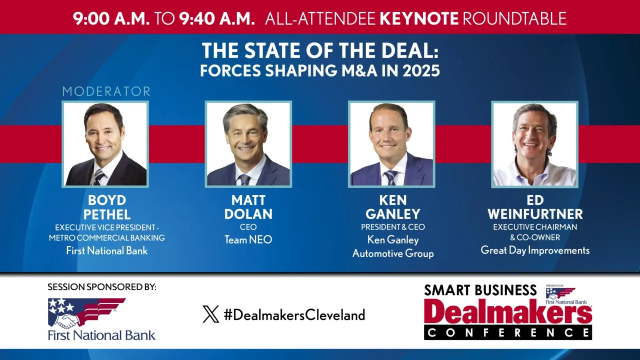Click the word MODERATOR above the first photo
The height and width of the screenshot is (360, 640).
point(106,91)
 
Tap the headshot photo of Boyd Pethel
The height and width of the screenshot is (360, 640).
point(105,144)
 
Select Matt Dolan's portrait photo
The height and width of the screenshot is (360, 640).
point(248,144)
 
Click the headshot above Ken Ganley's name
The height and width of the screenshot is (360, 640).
point(391,144)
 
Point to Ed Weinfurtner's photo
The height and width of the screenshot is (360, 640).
point(534,144)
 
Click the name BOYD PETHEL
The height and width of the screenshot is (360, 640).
point(106,207)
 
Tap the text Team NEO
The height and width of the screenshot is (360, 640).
point(248,239)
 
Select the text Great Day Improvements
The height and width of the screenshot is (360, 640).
point(535,250)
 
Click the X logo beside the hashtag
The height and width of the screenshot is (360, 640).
point(211,314)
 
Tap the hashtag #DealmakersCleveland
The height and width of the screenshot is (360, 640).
point(294,315)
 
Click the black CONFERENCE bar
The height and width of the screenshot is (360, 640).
point(507,332)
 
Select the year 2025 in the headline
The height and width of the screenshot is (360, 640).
point(420,70)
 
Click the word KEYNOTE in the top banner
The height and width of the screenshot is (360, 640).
point(419,18)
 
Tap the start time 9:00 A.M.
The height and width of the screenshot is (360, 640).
point(111,18)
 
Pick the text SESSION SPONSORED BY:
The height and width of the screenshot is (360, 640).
point(102,287)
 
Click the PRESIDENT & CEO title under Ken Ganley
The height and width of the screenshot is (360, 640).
point(393,227)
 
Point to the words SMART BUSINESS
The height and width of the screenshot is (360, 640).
point(480,290)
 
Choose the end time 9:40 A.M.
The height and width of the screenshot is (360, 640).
point(217,18)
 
